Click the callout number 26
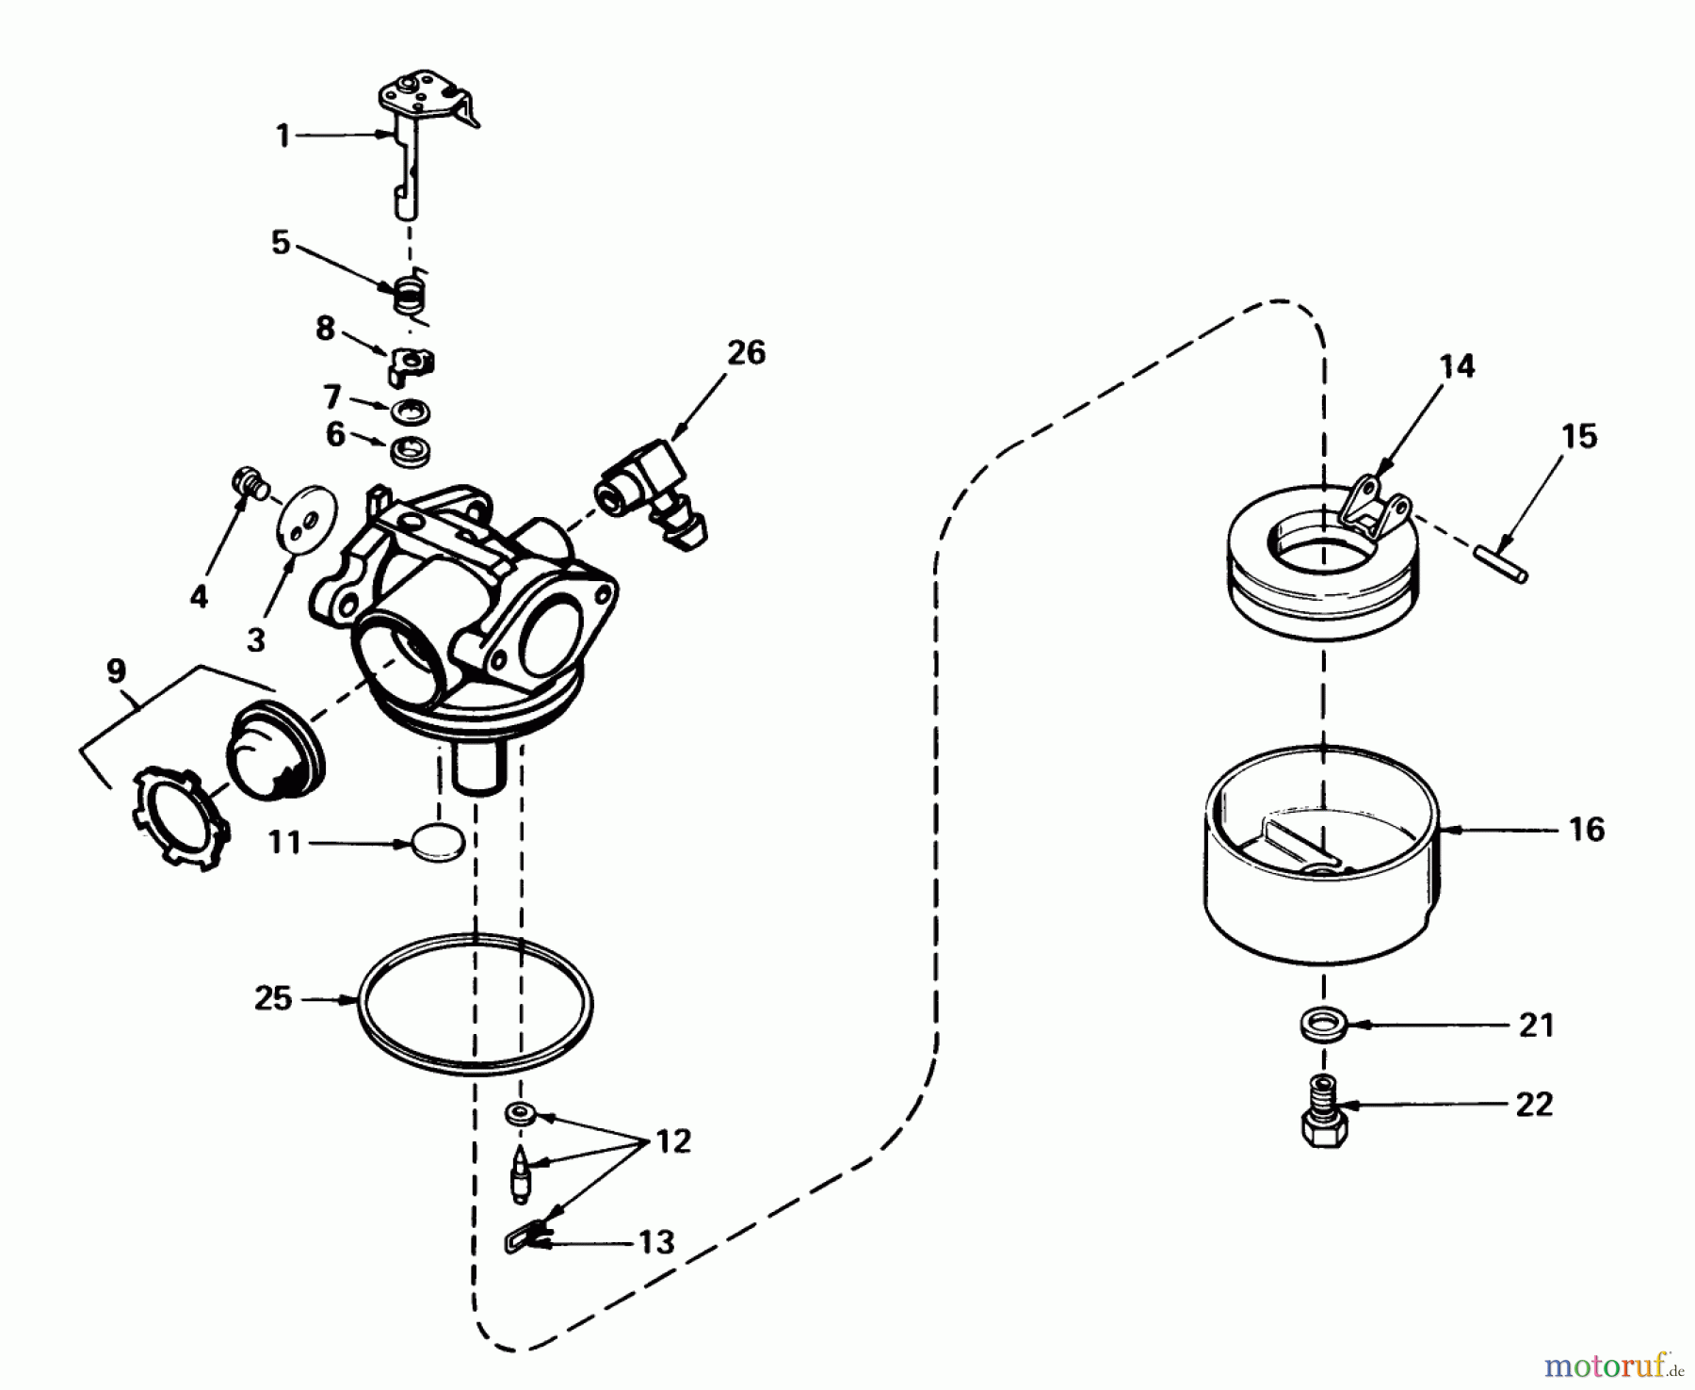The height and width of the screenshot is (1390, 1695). pyautogui.click(x=746, y=353)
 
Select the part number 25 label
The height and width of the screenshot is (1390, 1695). pyautogui.click(x=273, y=998)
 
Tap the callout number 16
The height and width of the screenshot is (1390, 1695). pyautogui.click(x=1587, y=830)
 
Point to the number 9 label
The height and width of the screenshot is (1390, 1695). pyautogui.click(x=115, y=671)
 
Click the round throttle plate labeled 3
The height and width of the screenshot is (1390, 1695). pyautogui.click(x=304, y=519)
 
